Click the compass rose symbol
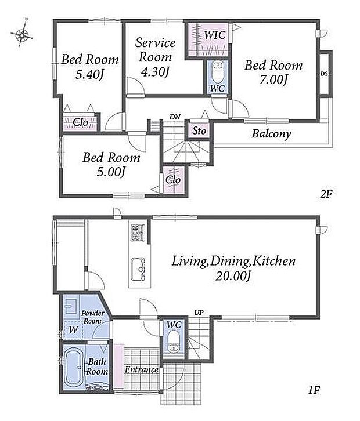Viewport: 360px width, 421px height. tap(22, 34)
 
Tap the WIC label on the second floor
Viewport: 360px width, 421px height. tap(214, 35)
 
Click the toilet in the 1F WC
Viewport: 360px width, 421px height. tap(174, 342)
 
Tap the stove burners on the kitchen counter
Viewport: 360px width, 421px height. tap(138, 233)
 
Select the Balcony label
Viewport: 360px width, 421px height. tap(271, 134)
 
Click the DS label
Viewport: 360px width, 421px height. tap(324, 73)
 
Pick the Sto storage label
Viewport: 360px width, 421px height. tap(199, 130)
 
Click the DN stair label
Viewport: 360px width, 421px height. tap(175, 117)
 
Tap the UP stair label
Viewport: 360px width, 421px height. tap(199, 313)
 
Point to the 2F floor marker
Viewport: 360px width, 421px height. tap(326, 194)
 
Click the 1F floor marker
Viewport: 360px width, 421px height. tap(314, 390)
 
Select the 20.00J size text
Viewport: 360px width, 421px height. tap(233, 276)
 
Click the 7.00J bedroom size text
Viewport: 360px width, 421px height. tap(273, 80)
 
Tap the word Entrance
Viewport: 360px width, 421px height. tap(142, 370)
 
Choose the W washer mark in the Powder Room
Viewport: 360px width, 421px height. tap(73, 329)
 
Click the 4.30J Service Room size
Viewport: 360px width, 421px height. tap(155, 72)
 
